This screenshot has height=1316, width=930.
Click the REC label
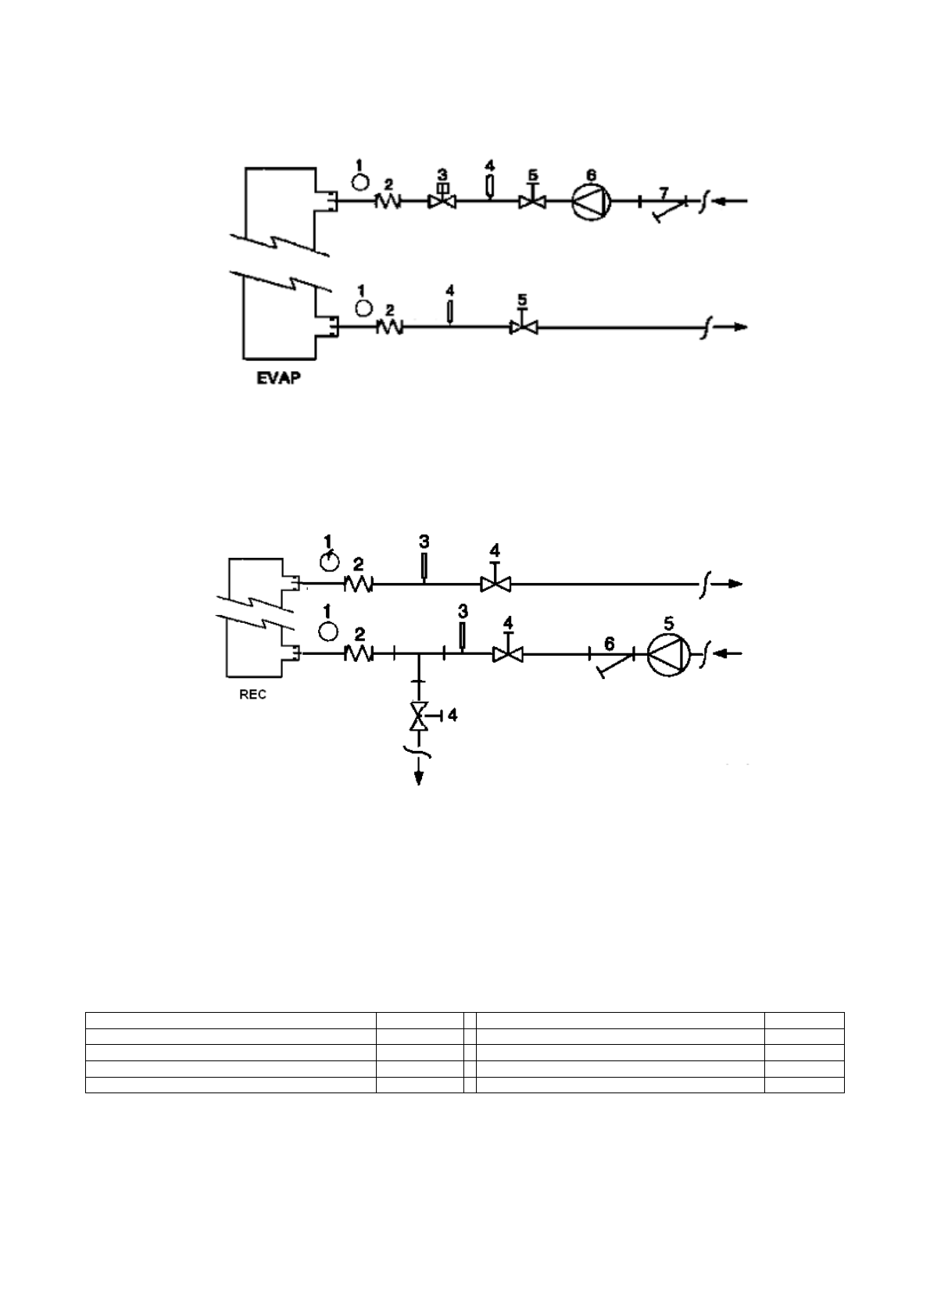click(252, 695)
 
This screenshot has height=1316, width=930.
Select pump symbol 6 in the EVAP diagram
click(590, 201)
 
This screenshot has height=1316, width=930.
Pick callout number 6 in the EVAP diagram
click(592, 175)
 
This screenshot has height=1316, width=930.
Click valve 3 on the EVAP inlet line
click(442, 201)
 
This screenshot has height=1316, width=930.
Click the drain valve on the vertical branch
click(420, 716)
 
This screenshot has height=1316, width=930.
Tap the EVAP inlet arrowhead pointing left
click(722, 201)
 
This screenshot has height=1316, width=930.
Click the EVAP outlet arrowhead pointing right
click(740, 327)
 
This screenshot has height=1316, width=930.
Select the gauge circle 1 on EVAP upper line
click(360, 181)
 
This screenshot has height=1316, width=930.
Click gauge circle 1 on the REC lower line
click(329, 630)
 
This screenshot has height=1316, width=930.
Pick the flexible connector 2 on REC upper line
click(359, 583)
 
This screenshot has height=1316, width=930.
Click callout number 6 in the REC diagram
click(610, 643)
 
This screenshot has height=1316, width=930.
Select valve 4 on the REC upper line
click(495, 583)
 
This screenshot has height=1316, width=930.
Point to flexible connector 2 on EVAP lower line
click(389, 327)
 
